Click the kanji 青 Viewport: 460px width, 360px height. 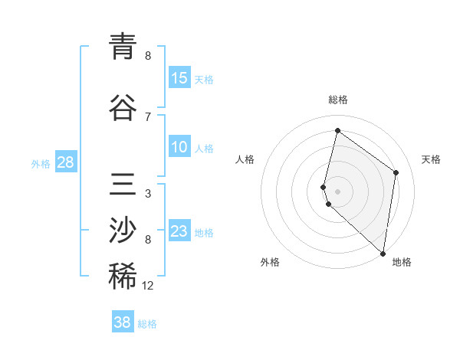pyautogui.click(x=123, y=45)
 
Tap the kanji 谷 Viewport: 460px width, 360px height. pyautogui.click(x=123, y=107)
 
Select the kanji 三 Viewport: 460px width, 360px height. pyautogui.click(x=123, y=185)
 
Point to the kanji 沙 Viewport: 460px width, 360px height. pyautogui.click(x=123, y=230)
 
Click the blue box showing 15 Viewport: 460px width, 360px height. pyautogui.click(x=179, y=78)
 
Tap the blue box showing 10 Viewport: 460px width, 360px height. pyautogui.click(x=179, y=147)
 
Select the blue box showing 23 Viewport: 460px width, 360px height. pyautogui.click(x=179, y=231)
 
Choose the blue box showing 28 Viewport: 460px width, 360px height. pyautogui.click(x=66, y=162)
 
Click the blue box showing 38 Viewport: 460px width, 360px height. pyautogui.click(x=123, y=322)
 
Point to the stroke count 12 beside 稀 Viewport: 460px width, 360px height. pyautogui.click(x=148, y=286)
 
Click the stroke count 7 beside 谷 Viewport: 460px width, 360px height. pyautogui.click(x=148, y=116)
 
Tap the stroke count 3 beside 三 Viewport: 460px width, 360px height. pyautogui.click(x=148, y=194)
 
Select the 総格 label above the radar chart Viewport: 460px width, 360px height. pyautogui.click(x=337, y=100)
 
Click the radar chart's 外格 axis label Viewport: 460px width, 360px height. pyautogui.click(x=270, y=262)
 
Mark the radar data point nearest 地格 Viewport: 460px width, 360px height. pyautogui.click(x=383, y=254)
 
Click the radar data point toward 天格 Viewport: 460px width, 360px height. pyautogui.click(x=396, y=172)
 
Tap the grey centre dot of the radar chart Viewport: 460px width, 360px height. pyautogui.click(x=337, y=190)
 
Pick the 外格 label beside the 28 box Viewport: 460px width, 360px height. pyautogui.click(x=41, y=163)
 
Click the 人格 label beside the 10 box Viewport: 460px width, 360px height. pyautogui.click(x=204, y=148)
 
